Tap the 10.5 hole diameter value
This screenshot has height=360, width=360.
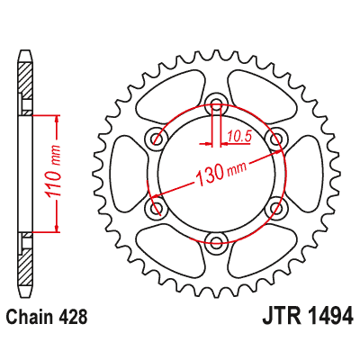point(238,137)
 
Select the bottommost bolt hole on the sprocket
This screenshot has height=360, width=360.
point(216,240)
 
